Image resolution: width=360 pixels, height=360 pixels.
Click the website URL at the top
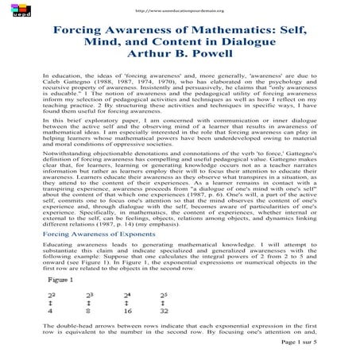[180, 10]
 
